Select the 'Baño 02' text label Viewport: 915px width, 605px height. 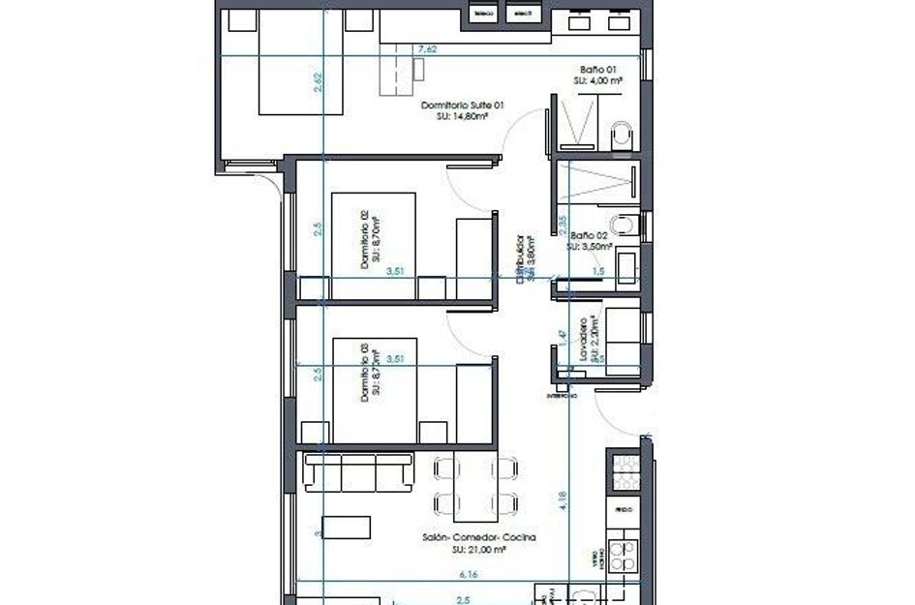[x=590, y=235]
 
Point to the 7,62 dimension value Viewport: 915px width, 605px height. [x=426, y=50]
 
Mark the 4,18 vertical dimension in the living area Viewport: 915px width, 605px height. [x=564, y=500]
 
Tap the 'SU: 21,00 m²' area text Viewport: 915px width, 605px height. [x=479, y=549]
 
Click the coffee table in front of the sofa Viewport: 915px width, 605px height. [x=347, y=528]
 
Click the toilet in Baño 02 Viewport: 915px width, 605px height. [x=627, y=227]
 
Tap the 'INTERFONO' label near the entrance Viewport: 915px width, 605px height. [x=561, y=396]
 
